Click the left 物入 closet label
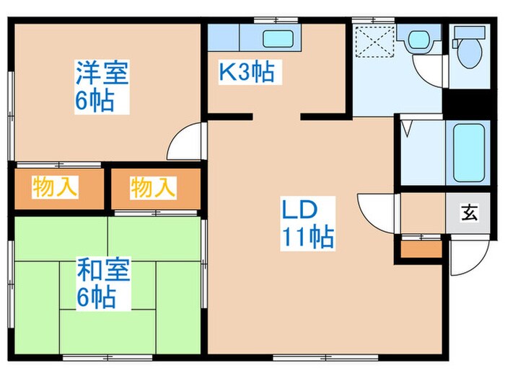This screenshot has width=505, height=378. (x=55, y=188)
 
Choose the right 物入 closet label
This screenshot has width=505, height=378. (x=153, y=188)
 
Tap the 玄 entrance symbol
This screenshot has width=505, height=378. (x=469, y=213)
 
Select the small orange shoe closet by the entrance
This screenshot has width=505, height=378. (x=421, y=249)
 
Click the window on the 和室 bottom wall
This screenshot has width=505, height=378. (x=96, y=356)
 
